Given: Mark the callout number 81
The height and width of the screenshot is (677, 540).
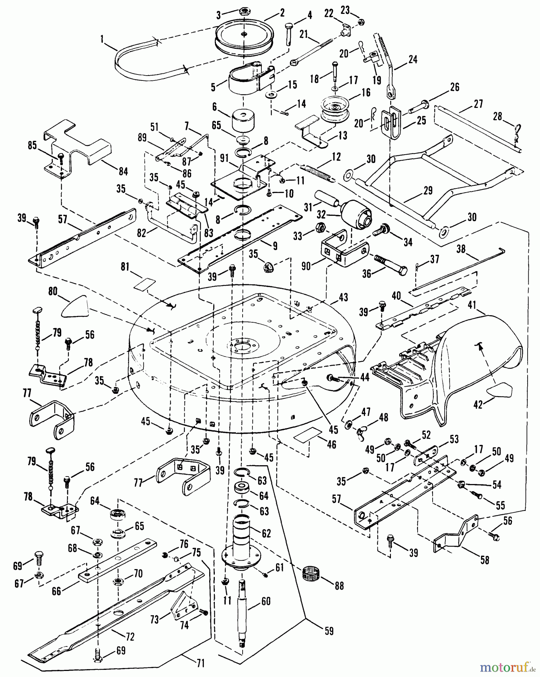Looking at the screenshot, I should point(124,267).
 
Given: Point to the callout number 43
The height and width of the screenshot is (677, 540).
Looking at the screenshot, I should point(343,298).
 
